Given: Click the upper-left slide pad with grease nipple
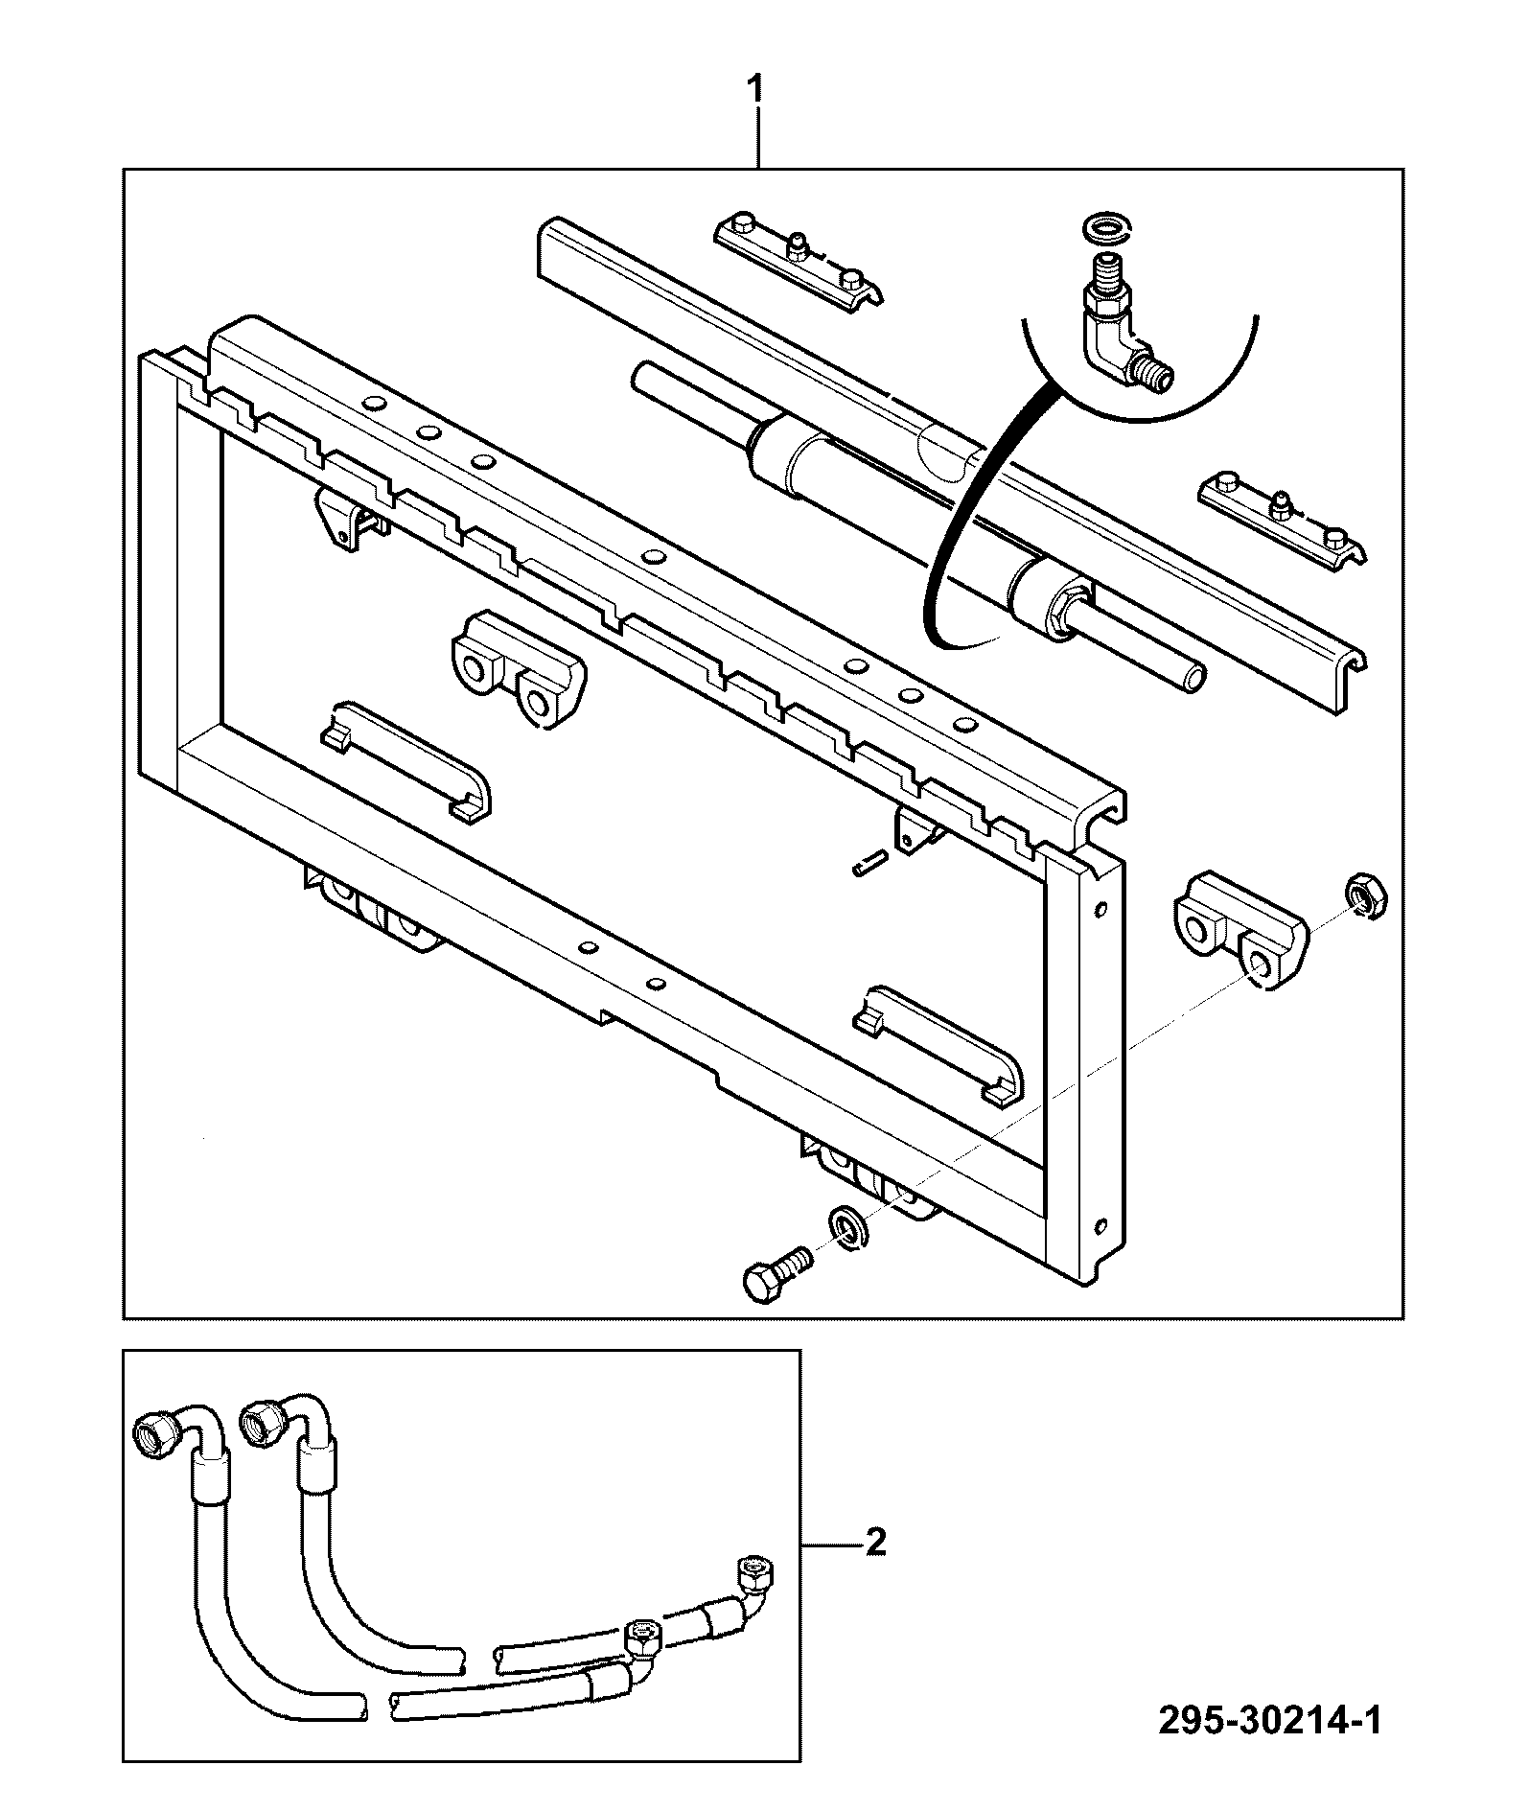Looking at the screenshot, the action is point(798,261).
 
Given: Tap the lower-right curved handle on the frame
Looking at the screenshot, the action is point(940,1044).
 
